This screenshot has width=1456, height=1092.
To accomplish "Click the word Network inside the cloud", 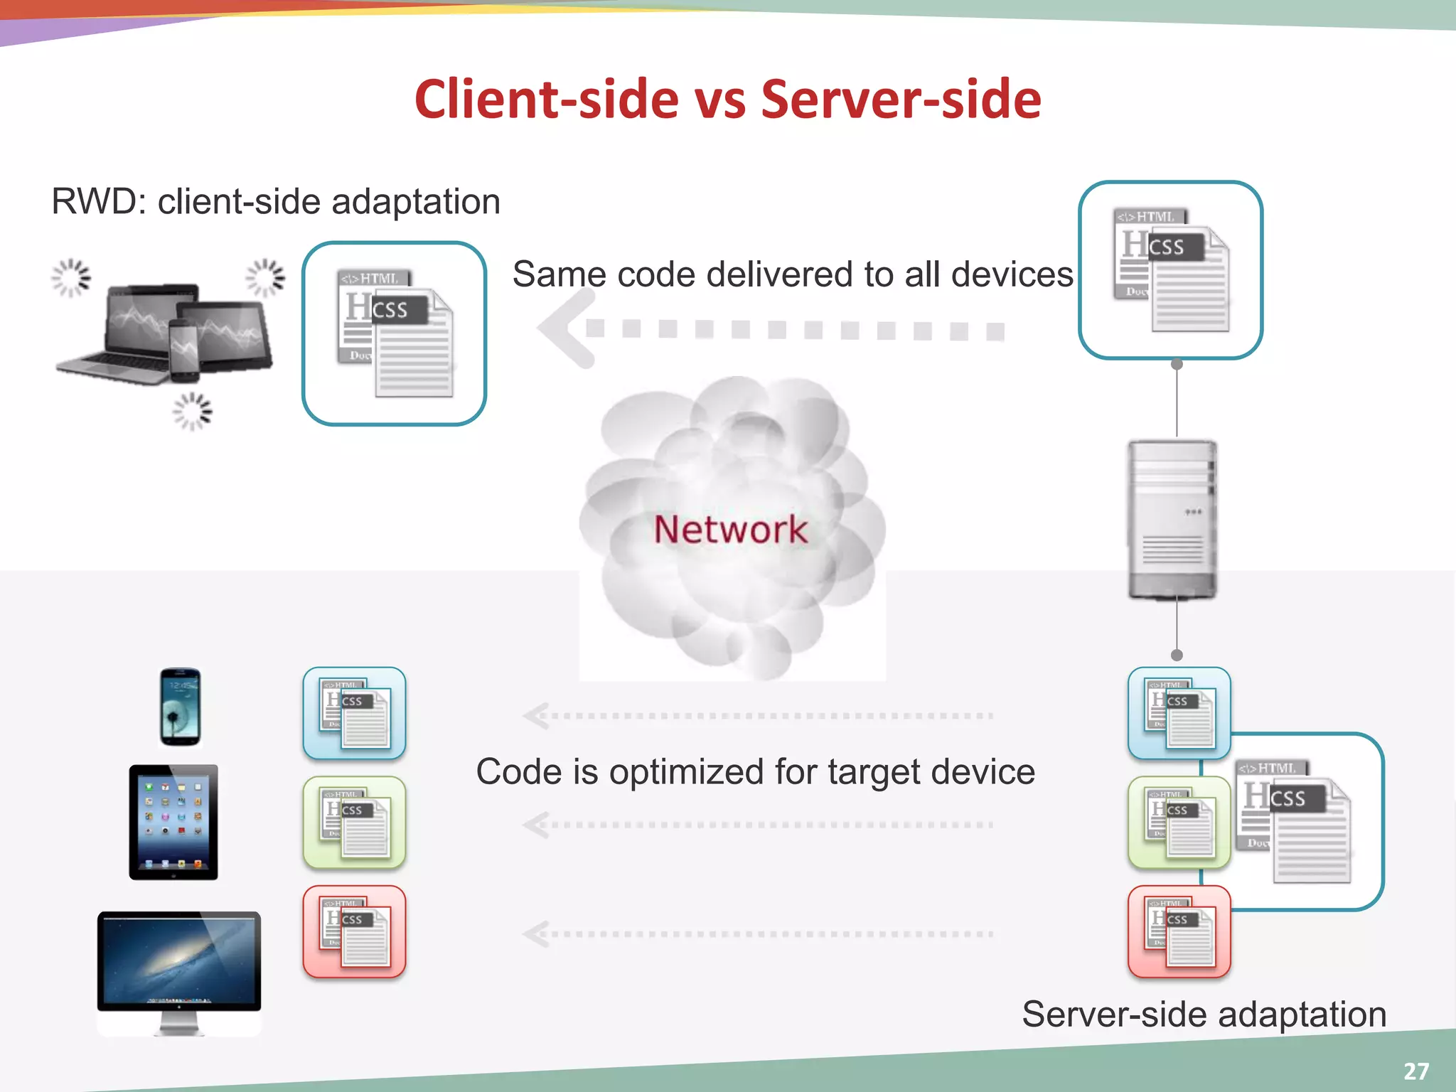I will point(730,530).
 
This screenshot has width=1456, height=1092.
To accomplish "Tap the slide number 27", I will point(1415,1071).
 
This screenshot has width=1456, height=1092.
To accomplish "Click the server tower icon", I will point(1172,519).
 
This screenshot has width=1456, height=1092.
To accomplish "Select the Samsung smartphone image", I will point(180,707).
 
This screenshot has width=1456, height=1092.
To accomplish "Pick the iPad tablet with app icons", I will point(173,822).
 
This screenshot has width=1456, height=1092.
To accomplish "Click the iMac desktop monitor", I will point(179,967).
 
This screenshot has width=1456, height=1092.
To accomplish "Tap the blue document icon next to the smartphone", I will point(354,713).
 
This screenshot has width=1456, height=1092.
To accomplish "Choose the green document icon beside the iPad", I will point(354,823).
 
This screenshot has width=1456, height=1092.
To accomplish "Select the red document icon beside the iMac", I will point(354,931).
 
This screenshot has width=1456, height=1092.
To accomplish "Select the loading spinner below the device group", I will point(192,411).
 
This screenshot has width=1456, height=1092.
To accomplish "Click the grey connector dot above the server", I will point(1177,365).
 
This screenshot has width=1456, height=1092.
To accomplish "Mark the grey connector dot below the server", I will point(1177,655).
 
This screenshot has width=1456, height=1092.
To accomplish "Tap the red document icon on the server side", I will point(1179,931).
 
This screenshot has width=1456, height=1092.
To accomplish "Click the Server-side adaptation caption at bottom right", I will point(1204,1014).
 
